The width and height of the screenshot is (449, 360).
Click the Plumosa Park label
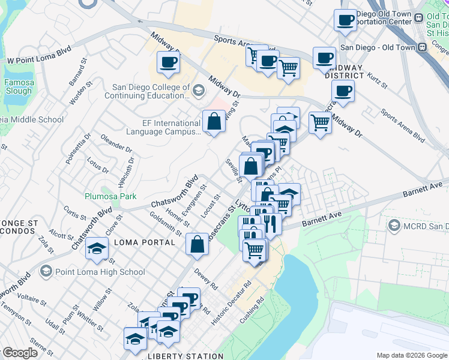click(x=110, y=196)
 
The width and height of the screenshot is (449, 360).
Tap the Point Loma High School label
click(x=100, y=272)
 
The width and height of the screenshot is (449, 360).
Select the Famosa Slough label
click(x=18, y=86)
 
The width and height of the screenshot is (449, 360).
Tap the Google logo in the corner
click(x=19, y=353)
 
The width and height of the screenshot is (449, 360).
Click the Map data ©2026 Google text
click(x=412, y=356)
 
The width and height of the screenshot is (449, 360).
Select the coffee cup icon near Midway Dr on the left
click(x=168, y=62)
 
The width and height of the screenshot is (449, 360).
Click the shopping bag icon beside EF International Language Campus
click(x=214, y=122)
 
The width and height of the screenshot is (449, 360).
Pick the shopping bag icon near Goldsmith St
click(x=197, y=244)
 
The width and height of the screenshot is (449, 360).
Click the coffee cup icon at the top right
click(x=345, y=20)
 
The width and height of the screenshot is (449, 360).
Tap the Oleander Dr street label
click(x=116, y=144)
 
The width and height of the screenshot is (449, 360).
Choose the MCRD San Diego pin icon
click(x=394, y=226)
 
